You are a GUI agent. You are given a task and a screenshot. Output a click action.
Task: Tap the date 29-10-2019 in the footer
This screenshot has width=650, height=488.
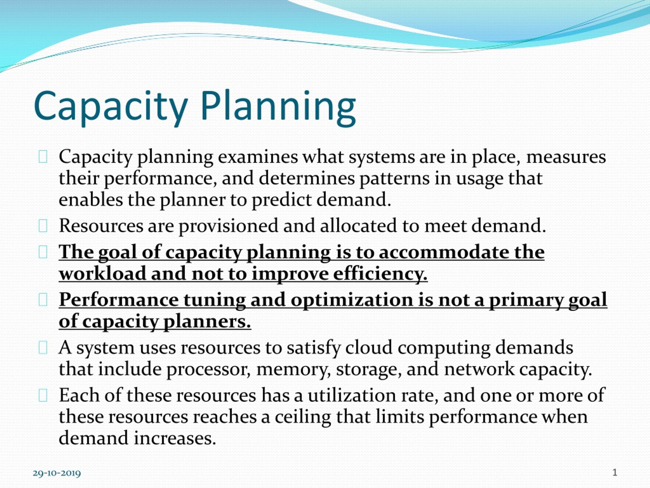pos(57,473)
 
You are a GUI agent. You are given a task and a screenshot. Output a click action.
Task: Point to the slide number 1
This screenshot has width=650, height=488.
pos(615,473)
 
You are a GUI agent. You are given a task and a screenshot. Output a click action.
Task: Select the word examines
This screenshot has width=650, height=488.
pos(258,157)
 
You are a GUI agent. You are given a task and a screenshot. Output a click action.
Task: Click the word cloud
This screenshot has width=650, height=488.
pos(369,347)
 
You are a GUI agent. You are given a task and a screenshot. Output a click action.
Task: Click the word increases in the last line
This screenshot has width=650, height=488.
pos(175,438)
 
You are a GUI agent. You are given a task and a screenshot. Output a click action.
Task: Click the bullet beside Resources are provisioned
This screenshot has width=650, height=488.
pos(43,226)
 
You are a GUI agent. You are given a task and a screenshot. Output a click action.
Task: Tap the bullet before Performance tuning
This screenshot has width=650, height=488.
pos(43,300)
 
